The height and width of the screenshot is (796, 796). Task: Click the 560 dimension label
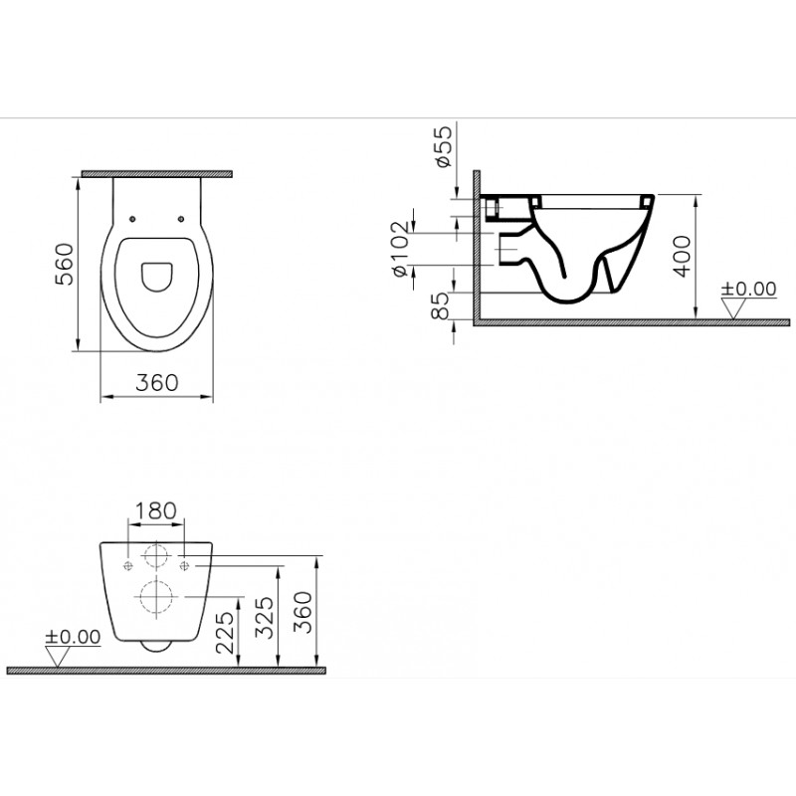click(x=65, y=264)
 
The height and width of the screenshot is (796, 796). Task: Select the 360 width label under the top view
click(x=157, y=383)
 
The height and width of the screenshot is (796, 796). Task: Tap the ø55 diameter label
click(x=442, y=146)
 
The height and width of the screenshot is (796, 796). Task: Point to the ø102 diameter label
click(x=400, y=249)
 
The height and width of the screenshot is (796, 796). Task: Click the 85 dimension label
click(x=440, y=305)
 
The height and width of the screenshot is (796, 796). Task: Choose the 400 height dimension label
click(x=683, y=256)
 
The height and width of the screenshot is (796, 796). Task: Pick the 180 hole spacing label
click(x=156, y=510)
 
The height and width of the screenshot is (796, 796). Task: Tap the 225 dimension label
click(x=225, y=632)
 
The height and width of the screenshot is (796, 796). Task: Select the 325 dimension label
click(x=264, y=617)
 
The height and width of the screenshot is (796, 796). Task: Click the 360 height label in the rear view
click(x=302, y=612)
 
